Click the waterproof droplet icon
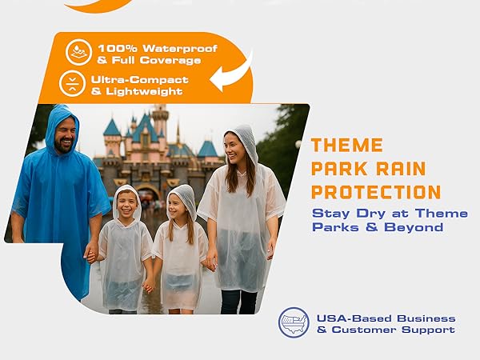click(78, 52)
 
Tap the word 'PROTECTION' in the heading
click(376, 192)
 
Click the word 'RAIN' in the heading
click(401, 169)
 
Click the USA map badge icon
click(294, 322)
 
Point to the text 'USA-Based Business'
click(385, 318)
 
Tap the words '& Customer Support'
click(385, 330)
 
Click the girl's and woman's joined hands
click(211, 262)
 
